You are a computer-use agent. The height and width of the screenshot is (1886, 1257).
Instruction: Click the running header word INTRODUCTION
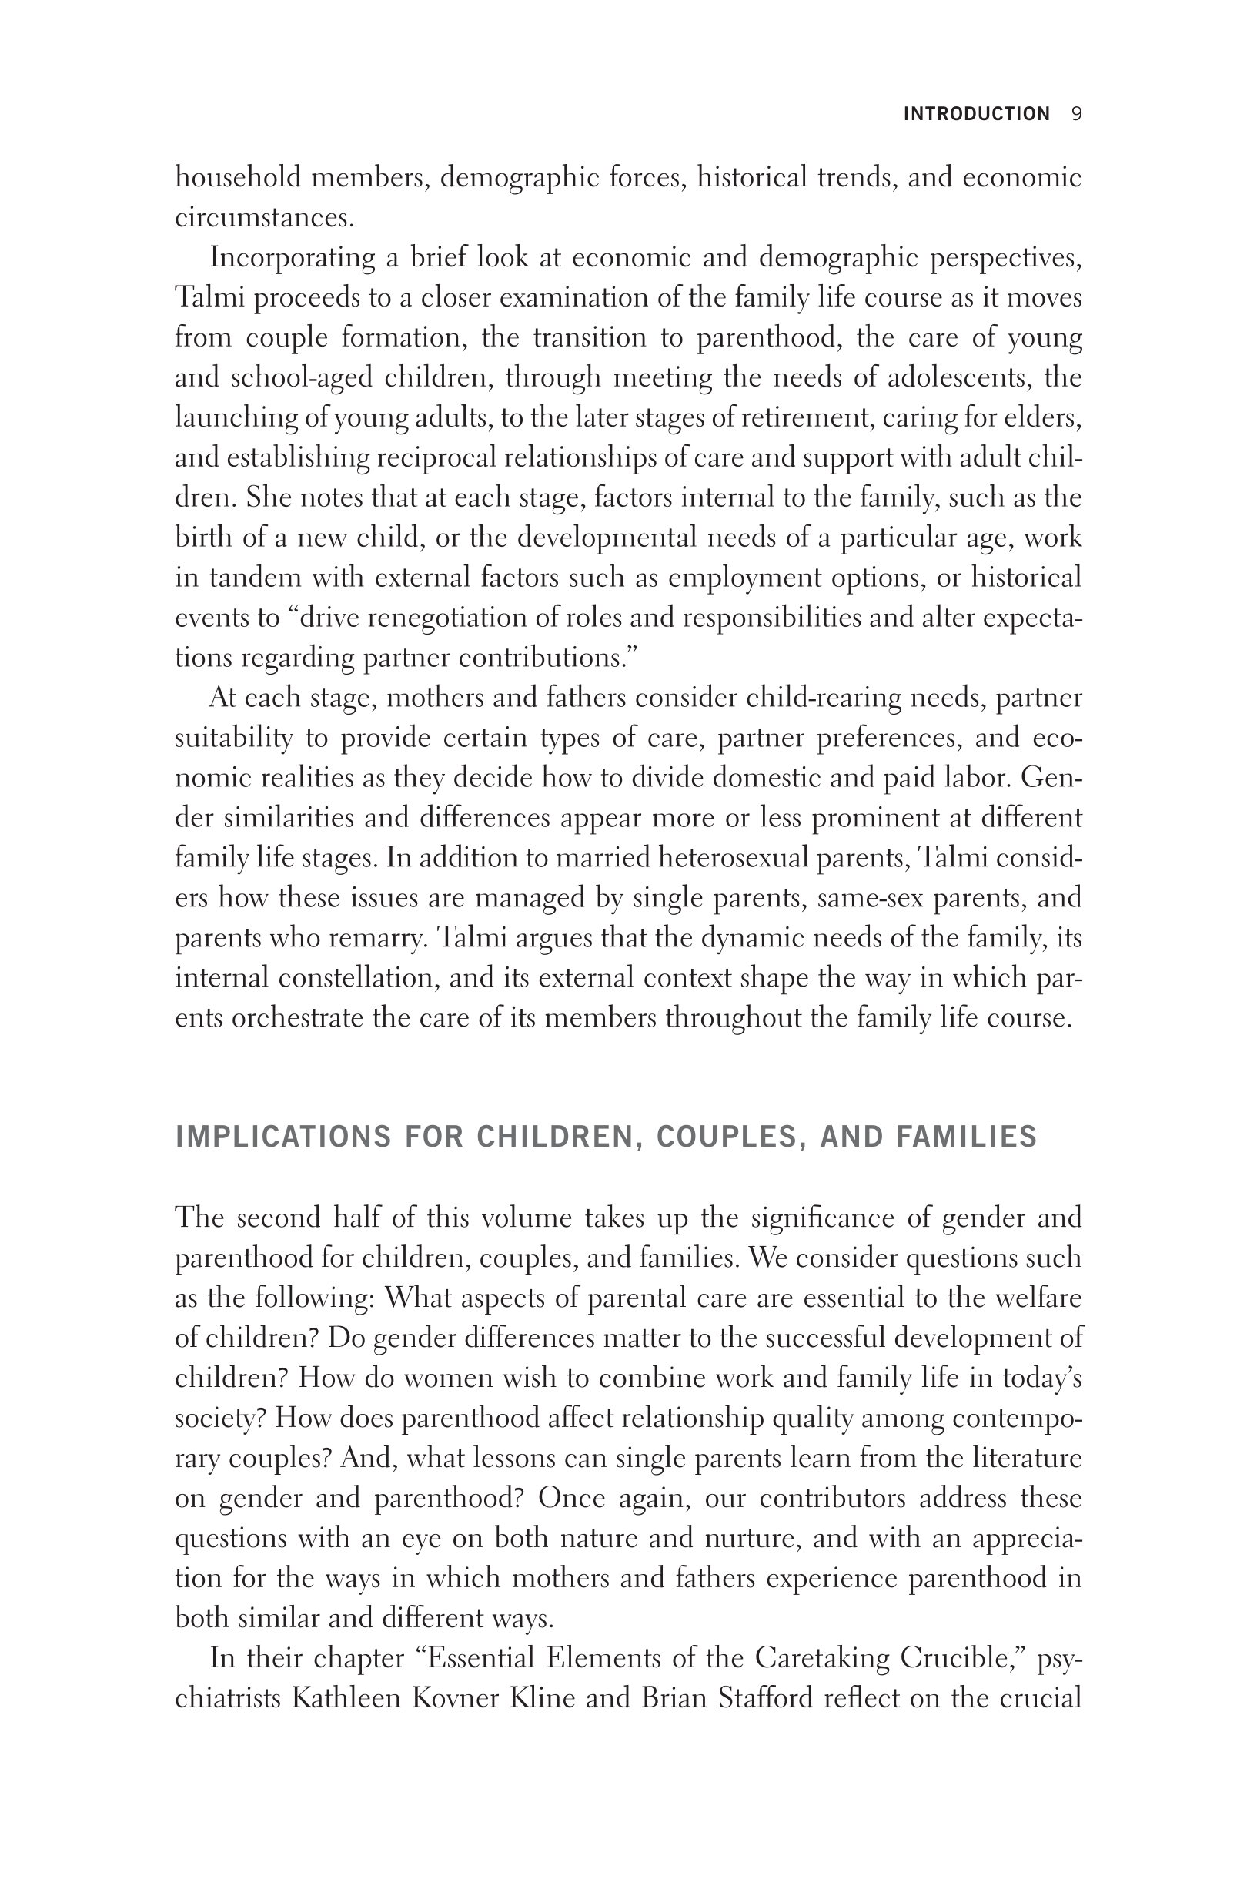[975, 114]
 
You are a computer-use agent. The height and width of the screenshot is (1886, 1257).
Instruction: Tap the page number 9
[1077, 114]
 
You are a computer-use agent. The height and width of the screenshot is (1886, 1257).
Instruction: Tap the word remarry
[375, 937]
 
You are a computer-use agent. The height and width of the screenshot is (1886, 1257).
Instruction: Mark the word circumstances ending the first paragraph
[264, 217]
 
